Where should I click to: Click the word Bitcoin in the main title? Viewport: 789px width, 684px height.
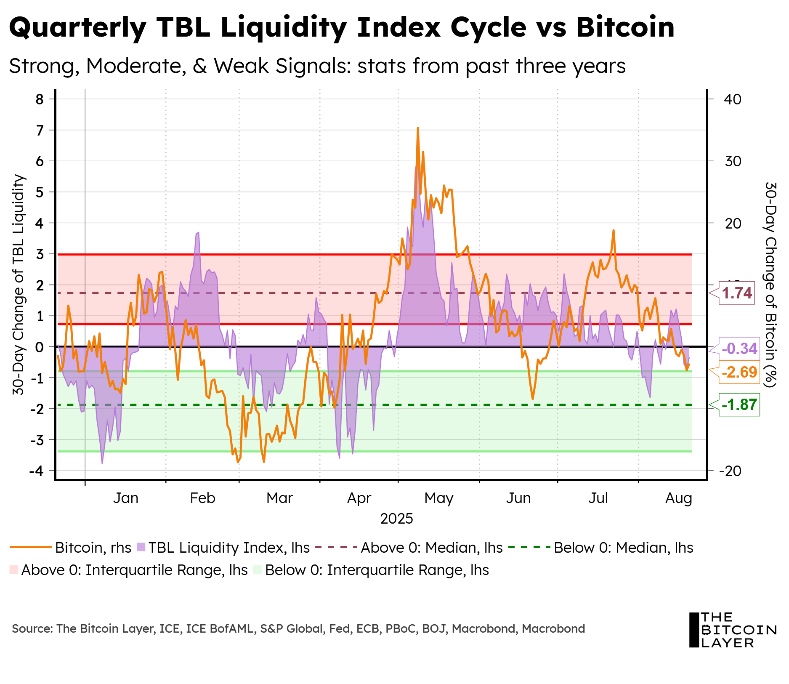(x=625, y=27)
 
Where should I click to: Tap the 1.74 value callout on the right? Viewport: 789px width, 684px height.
(x=737, y=293)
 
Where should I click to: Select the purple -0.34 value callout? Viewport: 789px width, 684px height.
(x=739, y=349)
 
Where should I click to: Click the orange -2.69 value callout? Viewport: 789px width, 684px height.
(x=739, y=372)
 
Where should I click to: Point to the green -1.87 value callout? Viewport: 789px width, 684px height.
(x=739, y=405)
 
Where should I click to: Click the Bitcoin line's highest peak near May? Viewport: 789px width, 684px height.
(x=417, y=128)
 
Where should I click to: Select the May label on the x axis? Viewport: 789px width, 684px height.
(x=439, y=498)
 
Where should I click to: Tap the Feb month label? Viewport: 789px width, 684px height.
(x=202, y=498)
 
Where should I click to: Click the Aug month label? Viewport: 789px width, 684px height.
(x=678, y=498)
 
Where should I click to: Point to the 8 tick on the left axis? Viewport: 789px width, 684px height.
(x=40, y=99)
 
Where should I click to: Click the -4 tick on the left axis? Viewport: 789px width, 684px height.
(x=37, y=471)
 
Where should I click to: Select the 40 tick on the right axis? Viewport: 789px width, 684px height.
(x=733, y=99)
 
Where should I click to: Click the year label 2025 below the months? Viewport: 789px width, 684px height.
(x=396, y=519)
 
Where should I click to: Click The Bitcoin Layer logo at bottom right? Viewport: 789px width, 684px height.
(x=732, y=630)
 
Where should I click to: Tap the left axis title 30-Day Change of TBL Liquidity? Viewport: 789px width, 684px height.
(x=19, y=285)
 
